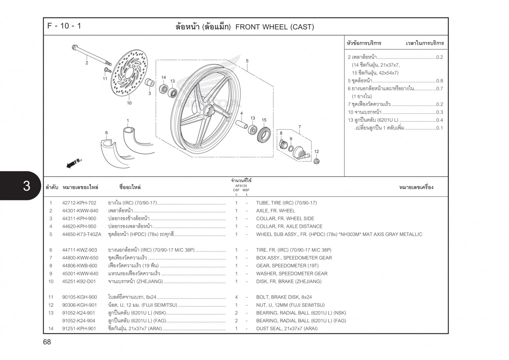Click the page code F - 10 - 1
tap(64, 26)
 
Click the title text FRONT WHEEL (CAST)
tap(274, 27)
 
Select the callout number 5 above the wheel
tap(247, 61)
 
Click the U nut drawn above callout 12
tap(316, 161)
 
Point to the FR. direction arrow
tap(74, 163)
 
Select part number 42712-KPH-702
tap(79, 203)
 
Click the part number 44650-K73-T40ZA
tap(81, 234)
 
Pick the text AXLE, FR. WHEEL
tap(275, 211)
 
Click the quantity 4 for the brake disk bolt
tap(236, 297)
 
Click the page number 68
tap(47, 342)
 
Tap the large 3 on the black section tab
tap(26, 186)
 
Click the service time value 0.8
tap(439, 81)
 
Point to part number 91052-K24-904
tap(79, 321)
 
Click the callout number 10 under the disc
tap(129, 103)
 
